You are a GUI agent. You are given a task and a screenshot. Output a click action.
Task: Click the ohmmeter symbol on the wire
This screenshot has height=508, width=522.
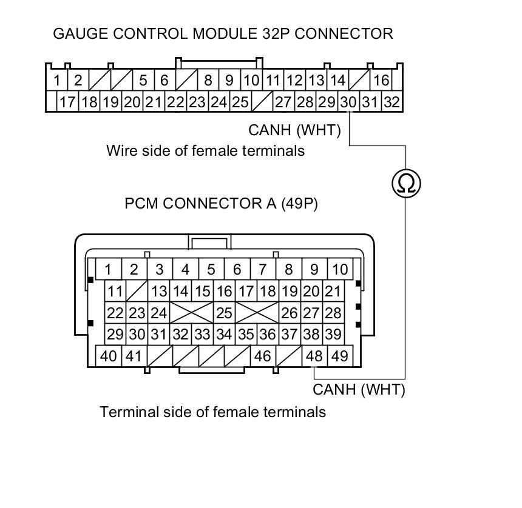405,183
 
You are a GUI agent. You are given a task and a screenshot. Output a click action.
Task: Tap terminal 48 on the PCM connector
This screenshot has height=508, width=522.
314,356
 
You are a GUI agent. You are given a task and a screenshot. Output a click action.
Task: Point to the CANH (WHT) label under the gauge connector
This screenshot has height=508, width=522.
294,130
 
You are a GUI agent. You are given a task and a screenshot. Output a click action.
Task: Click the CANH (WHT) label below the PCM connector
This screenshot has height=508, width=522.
359,390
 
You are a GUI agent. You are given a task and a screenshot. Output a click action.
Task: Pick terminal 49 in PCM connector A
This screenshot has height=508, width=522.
340,356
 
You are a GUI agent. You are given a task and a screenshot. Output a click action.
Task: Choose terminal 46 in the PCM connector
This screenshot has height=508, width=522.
263,356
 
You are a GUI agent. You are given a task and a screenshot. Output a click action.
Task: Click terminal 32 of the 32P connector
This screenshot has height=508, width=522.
391,102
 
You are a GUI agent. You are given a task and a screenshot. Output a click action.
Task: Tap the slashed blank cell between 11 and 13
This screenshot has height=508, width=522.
137,292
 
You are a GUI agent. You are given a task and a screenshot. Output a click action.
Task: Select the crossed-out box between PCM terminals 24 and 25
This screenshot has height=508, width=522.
191,313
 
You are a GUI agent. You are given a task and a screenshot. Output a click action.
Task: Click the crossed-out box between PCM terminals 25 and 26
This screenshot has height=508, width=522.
257,313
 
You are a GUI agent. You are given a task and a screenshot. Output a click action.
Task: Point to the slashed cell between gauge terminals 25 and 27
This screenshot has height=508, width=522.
262,102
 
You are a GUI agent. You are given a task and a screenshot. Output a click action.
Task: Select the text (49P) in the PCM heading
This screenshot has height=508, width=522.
299,204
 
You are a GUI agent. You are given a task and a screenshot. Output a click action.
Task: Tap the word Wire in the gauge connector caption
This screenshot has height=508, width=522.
120,150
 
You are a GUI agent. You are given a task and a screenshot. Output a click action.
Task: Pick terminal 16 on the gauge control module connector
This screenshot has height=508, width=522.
381,80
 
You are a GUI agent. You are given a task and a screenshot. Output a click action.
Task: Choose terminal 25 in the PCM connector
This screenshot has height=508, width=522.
224,313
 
